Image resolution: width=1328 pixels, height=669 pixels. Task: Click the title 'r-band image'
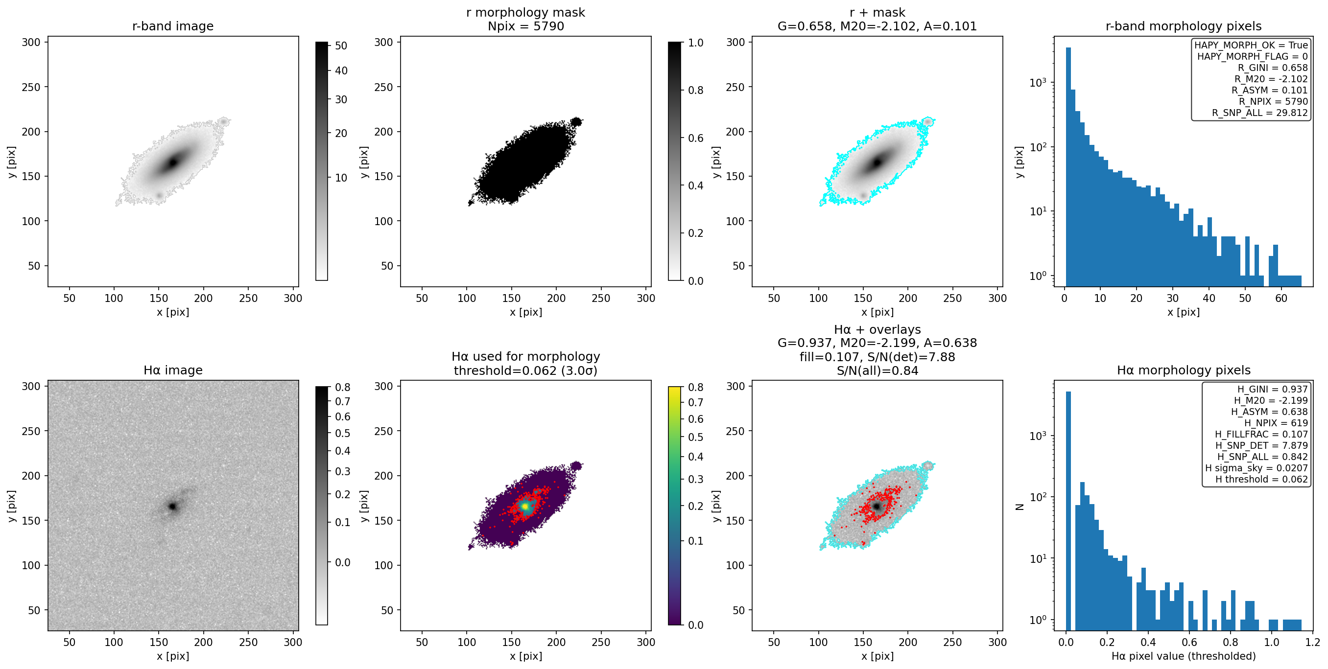click(173, 26)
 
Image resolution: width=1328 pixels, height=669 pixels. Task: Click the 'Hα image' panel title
click(173, 370)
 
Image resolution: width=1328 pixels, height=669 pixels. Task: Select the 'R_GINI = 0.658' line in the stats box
click(1272, 68)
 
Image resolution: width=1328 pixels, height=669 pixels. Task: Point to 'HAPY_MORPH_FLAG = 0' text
click(1252, 56)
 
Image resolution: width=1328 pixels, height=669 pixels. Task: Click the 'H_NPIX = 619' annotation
click(1276, 423)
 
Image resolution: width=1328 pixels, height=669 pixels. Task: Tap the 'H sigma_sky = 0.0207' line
click(1257, 468)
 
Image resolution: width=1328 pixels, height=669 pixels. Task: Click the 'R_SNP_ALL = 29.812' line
click(1259, 113)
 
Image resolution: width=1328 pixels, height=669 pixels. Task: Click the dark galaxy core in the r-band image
click(173, 162)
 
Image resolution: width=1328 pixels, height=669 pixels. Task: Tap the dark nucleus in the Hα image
click(173, 507)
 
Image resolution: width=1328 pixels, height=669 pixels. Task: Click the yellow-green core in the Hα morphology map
click(525, 506)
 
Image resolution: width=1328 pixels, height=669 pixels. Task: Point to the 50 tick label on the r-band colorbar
click(341, 46)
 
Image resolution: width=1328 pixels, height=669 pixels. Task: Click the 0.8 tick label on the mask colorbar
click(696, 90)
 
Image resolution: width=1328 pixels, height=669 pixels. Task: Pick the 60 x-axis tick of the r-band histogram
click(1281, 298)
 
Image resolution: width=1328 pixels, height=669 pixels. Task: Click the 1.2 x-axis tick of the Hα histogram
click(1313, 642)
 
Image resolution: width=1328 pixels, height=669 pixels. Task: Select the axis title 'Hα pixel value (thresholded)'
click(1184, 656)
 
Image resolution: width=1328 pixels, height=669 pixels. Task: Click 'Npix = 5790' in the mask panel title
click(526, 26)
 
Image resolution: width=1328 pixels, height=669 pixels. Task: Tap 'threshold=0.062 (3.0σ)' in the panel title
click(526, 370)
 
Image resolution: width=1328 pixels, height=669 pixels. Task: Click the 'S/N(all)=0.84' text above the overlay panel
click(877, 370)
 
